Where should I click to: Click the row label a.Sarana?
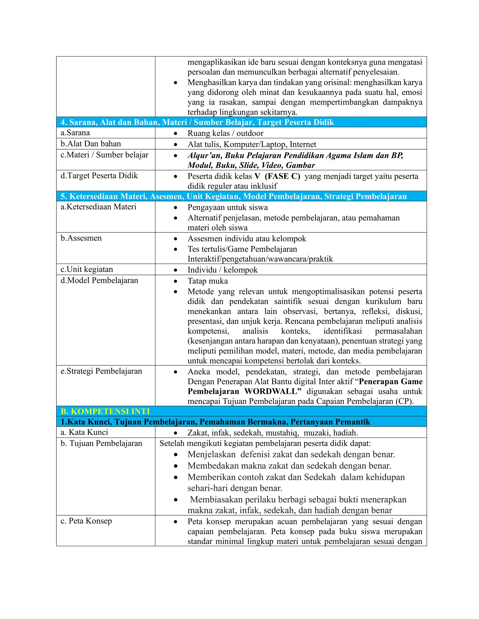[x=75, y=133]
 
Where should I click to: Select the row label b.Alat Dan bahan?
[x=91, y=144]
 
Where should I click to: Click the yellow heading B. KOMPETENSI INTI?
[x=105, y=411]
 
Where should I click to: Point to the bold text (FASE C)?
[x=282, y=176]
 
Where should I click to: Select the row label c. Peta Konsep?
[x=86, y=521]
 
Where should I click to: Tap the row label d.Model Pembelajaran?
[x=99, y=280]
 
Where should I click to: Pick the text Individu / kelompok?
[x=222, y=270]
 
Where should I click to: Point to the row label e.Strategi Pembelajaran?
[x=101, y=371]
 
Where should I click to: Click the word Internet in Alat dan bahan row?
[x=303, y=144]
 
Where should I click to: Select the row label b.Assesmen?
[x=81, y=238]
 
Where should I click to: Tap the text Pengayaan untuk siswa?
[x=228, y=207]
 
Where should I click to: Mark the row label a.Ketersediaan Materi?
[x=98, y=207]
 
